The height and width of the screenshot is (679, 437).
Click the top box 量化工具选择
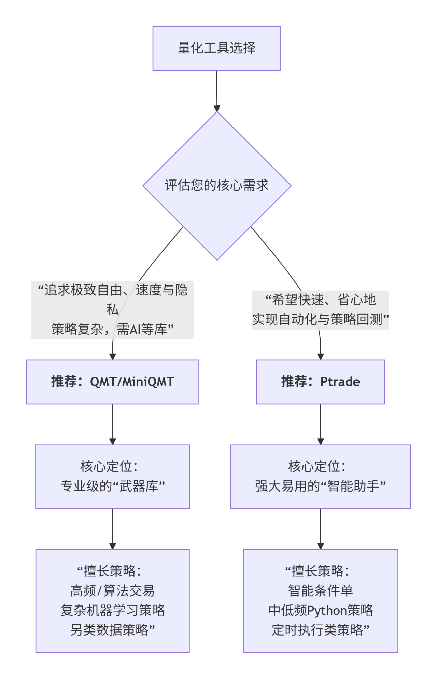tap(216, 48)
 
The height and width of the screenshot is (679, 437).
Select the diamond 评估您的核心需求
tap(217, 186)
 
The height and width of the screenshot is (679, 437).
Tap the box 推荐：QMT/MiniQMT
tap(113, 382)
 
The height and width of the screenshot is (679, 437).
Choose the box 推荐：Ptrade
tap(320, 382)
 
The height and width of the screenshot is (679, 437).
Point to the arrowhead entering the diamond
tap(217, 108)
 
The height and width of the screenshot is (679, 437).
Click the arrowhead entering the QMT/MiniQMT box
tap(113, 356)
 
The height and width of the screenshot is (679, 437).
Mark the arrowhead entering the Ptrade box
tap(320, 356)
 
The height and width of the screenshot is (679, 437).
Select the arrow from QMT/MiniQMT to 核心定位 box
tap(113, 424)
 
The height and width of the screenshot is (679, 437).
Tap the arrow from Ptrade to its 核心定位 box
tap(320, 424)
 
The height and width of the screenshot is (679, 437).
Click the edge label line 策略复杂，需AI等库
tap(113, 329)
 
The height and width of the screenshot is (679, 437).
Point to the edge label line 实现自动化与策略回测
tap(320, 319)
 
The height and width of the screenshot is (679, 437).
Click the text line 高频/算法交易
tap(113, 590)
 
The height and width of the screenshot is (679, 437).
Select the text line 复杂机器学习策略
tap(113, 610)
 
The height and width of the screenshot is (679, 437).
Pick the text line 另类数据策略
tap(113, 629)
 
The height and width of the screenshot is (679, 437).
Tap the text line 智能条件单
tap(320, 590)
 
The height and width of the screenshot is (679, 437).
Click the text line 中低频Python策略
tap(320, 610)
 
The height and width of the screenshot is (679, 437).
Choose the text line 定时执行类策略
tap(320, 629)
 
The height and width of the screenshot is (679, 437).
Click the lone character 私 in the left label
tap(112, 309)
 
